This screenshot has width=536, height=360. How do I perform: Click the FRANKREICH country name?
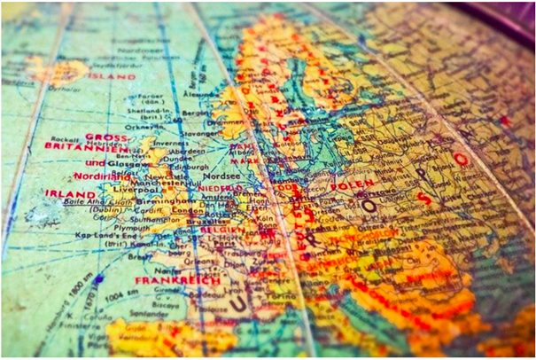click(165, 280)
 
